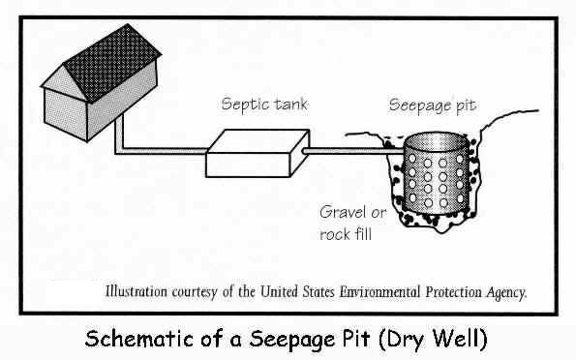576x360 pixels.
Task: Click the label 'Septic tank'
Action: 264,105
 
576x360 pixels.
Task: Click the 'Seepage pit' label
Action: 433,106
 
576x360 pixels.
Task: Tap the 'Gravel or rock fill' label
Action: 352,223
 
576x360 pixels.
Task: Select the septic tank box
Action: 258,153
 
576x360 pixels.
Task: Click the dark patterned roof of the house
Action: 112,63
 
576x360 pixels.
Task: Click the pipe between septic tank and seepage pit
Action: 352,151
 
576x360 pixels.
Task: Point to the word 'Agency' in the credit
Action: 506,293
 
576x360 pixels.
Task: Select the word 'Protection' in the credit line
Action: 454,292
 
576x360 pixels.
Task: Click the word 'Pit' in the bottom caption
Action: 355,338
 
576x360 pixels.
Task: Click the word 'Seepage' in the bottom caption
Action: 292,339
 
